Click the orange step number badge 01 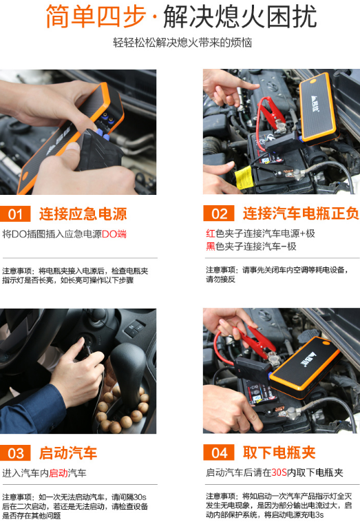[x=15, y=213]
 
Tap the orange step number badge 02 [x=219, y=213]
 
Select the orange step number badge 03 [x=15, y=453]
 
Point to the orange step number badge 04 [x=219, y=453]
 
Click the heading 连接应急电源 [x=83, y=213]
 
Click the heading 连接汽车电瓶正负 [x=301, y=213]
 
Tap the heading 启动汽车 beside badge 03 [x=68, y=453]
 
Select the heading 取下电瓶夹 [x=279, y=453]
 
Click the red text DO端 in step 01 [x=114, y=234]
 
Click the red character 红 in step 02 [x=210, y=233]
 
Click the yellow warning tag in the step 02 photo [x=242, y=178]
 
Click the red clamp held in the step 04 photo [x=257, y=340]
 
